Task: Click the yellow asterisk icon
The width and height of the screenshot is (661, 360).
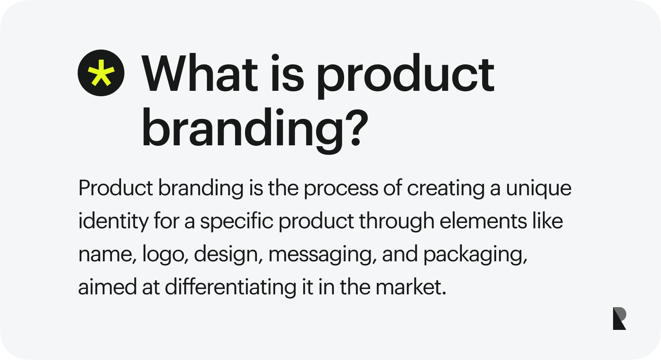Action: coord(101,73)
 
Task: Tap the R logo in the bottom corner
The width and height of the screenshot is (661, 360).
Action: coord(619,318)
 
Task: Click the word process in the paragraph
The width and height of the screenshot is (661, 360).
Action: coord(341,189)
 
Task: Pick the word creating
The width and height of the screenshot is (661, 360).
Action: coord(446,189)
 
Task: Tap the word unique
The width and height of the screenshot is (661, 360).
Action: coord(539,189)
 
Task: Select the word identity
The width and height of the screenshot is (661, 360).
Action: coord(113,222)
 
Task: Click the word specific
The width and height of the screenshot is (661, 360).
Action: coord(237,222)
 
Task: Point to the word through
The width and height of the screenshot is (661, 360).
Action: coord(397,222)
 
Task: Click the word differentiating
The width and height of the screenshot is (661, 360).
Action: coord(231,287)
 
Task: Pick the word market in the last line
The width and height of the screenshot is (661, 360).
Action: coord(411,287)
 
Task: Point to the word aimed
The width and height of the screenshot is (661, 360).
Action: coord(107,287)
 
